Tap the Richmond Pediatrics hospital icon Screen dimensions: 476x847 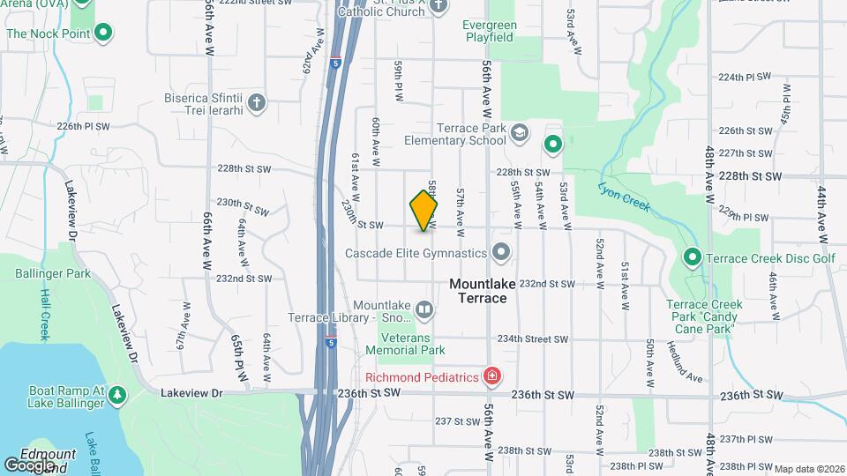[492, 377]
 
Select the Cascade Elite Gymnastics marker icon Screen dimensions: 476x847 [502, 253]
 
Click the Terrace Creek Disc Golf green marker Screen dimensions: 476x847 [693, 257]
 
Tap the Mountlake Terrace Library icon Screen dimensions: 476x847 [424, 309]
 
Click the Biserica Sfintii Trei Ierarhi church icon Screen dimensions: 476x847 [256, 103]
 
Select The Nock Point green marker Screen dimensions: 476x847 [103, 33]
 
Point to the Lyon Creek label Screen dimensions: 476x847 [624, 197]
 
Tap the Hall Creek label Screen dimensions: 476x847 [45, 316]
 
